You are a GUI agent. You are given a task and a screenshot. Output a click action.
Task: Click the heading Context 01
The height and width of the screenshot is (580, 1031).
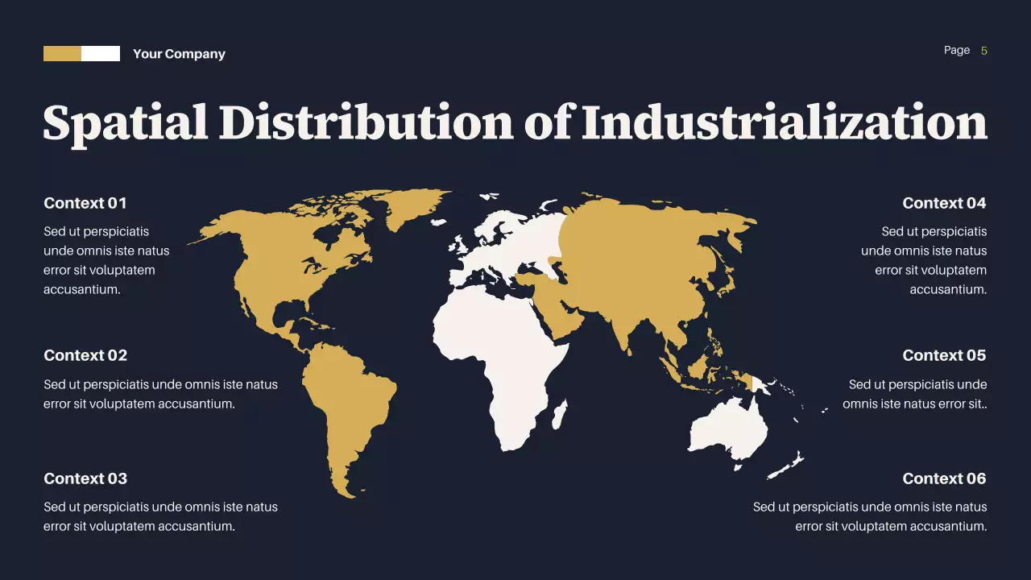[x=85, y=203]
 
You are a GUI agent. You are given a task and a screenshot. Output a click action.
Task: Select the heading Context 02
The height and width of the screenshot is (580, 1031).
[x=85, y=355]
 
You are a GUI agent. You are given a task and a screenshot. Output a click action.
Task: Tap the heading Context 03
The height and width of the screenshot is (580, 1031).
[x=85, y=478]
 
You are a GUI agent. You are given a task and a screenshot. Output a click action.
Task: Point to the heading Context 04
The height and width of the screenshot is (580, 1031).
[x=944, y=203]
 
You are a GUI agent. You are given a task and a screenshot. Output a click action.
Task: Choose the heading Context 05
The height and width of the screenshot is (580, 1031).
[x=944, y=355]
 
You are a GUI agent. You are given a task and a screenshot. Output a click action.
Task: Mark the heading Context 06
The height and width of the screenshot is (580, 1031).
[x=944, y=478]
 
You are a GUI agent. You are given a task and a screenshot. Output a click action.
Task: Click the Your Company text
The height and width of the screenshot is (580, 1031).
[x=179, y=54]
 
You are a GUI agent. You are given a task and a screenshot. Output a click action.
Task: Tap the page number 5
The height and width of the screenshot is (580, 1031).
[x=984, y=51]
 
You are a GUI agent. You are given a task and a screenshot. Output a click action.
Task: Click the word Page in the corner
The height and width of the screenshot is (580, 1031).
[x=957, y=51]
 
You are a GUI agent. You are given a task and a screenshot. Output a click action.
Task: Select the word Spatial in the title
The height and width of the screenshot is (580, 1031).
[x=124, y=123]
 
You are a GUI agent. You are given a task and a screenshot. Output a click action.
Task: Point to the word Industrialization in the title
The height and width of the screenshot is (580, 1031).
[x=785, y=123]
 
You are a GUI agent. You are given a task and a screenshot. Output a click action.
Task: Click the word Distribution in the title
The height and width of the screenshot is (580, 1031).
[x=366, y=123]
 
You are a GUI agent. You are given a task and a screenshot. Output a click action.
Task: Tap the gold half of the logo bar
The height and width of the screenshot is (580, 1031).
[x=62, y=54]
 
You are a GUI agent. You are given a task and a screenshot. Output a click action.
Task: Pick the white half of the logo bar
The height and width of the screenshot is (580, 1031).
[x=101, y=54]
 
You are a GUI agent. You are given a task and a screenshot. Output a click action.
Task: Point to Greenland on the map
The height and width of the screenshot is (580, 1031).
[x=415, y=205]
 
